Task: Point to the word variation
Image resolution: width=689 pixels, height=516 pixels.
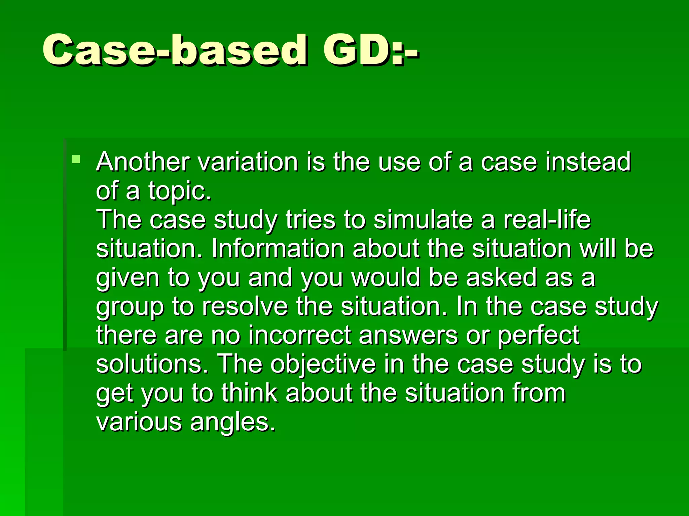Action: click(248, 162)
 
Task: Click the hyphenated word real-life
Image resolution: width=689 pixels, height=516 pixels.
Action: click(547, 220)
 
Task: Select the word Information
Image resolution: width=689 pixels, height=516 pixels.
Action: click(278, 249)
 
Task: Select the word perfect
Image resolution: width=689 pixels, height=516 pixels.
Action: click(538, 336)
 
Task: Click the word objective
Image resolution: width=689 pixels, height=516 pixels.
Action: click(323, 365)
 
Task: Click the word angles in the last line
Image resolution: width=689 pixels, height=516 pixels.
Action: click(232, 423)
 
